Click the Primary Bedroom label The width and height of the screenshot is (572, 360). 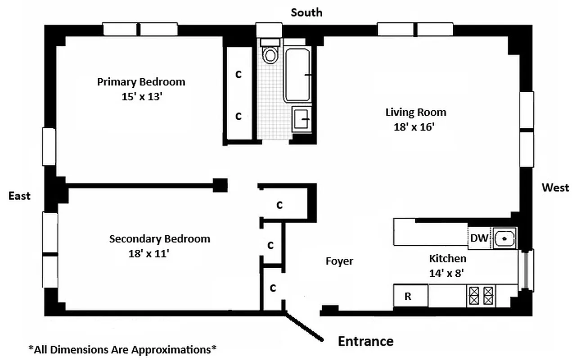[141, 82]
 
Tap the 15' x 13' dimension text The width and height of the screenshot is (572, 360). [141, 97]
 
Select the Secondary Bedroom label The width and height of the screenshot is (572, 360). [159, 238]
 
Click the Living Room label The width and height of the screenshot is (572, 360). [415, 112]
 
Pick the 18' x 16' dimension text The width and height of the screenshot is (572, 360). [414, 127]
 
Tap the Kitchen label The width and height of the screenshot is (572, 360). [447, 258]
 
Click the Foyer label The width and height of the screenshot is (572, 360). [339, 261]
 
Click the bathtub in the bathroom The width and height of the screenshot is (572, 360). [297, 75]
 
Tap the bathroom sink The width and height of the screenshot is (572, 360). [301, 119]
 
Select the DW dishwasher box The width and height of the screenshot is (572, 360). [479, 238]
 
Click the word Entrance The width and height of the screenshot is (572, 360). [365, 341]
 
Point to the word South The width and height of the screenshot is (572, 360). [306, 12]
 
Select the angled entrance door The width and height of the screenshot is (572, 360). [304, 327]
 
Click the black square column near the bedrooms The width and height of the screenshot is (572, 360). [220, 185]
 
